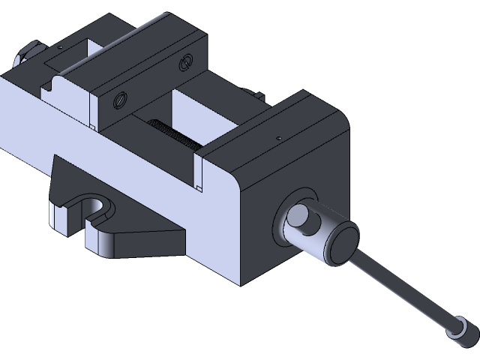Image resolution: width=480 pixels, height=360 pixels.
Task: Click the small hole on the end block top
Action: click(278, 138)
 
